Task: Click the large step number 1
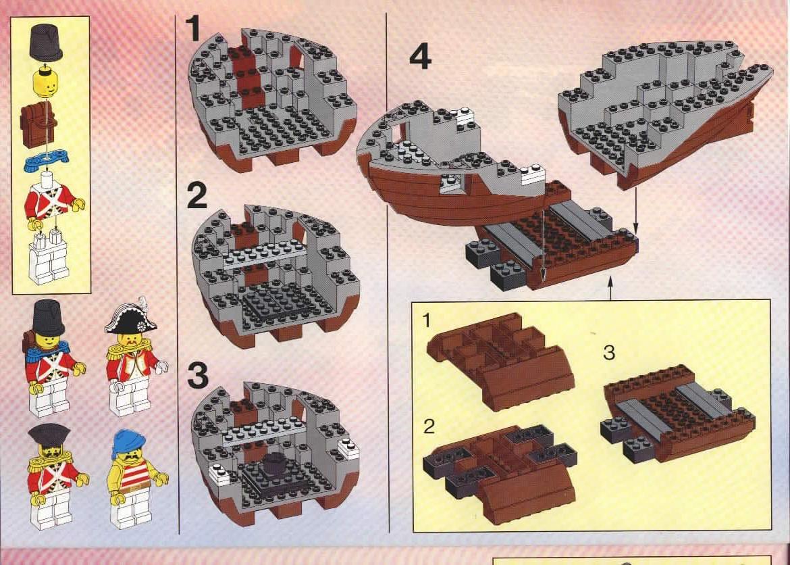(193, 30)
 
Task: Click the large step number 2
(196, 196)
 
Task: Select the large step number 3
(197, 376)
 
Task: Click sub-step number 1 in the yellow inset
(426, 319)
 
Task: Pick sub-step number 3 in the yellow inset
(608, 353)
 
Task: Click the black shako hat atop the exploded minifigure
(45, 41)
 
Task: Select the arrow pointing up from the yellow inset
(610, 291)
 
